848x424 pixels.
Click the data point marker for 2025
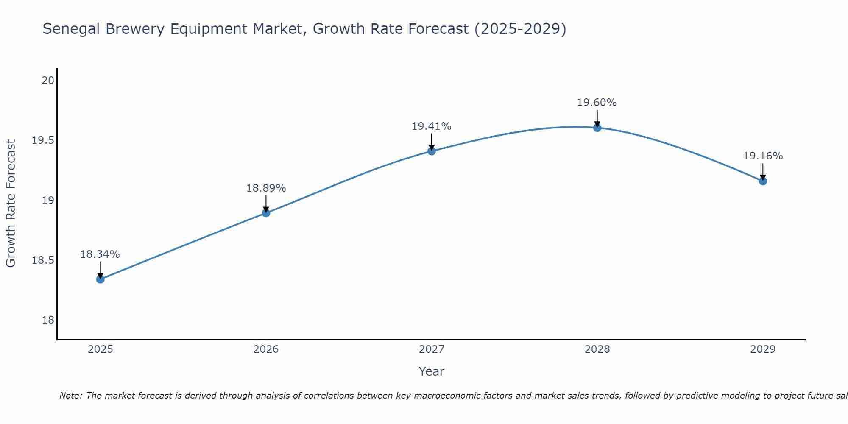tap(100, 279)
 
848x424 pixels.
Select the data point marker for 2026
tap(266, 213)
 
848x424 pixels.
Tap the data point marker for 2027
tap(432, 151)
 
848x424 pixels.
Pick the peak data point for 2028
tap(597, 128)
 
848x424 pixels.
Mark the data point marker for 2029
tap(763, 181)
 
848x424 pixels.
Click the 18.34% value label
tap(100, 254)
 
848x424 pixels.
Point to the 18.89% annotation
tap(266, 188)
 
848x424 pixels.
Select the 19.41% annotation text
tap(431, 126)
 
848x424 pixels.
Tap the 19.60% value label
tap(597, 103)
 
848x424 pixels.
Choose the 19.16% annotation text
tap(763, 156)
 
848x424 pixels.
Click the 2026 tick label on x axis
tap(266, 349)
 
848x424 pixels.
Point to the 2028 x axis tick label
tap(597, 349)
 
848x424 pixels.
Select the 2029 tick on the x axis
tap(763, 349)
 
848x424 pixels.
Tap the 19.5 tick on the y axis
tap(43, 140)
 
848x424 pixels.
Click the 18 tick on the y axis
tap(48, 320)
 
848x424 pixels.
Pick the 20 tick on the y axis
tap(48, 80)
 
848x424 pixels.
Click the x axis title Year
tap(431, 371)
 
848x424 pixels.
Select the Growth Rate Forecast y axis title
tap(11, 204)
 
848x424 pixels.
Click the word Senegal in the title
tap(71, 29)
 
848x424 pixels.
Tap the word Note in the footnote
tap(70, 396)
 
